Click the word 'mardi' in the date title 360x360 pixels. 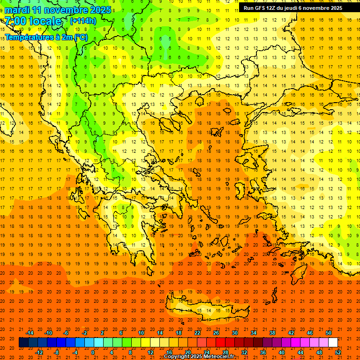(16, 10)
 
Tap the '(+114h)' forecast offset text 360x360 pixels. (83, 21)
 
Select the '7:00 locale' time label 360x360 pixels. (33, 22)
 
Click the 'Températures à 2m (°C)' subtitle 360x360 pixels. (46, 37)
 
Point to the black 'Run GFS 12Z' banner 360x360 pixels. (293, 7)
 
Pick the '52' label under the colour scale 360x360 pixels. (338, 352)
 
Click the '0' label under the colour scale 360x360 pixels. (93, 352)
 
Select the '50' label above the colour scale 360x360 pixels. (328, 333)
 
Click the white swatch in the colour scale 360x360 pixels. (333, 343)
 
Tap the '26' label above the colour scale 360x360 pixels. (216, 333)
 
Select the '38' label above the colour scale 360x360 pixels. (272, 333)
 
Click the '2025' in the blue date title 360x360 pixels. (101, 10)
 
